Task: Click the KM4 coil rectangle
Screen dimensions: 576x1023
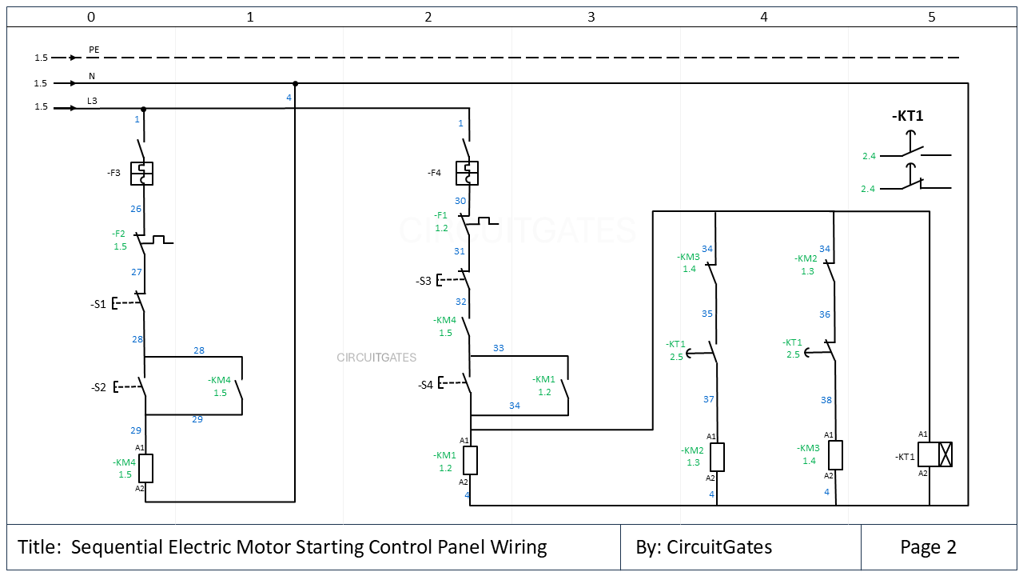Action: [145, 468]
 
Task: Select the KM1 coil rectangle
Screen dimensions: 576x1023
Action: [470, 460]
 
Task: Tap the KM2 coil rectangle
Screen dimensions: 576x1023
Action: [717, 457]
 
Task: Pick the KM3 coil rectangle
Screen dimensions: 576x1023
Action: [835, 454]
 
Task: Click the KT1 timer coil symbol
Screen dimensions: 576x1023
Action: [934, 454]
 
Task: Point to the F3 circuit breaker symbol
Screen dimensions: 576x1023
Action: [141, 174]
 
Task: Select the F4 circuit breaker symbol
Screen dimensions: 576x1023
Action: [467, 173]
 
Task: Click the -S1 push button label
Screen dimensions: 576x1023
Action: [98, 304]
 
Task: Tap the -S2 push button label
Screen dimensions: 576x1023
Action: [98, 387]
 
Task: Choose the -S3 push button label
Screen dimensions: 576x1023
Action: [424, 281]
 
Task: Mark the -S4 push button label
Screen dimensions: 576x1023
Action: [425, 385]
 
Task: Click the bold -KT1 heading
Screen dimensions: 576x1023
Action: [907, 116]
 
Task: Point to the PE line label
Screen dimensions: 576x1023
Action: [94, 50]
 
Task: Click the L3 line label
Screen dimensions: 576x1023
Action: [93, 100]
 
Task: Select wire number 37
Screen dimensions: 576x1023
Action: [708, 399]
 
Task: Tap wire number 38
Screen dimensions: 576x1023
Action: [826, 400]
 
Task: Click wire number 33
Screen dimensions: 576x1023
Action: [499, 348]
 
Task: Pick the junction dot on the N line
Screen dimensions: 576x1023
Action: [296, 83]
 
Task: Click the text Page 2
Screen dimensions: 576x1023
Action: [928, 547]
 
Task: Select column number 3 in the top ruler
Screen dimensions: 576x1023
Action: [591, 16]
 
